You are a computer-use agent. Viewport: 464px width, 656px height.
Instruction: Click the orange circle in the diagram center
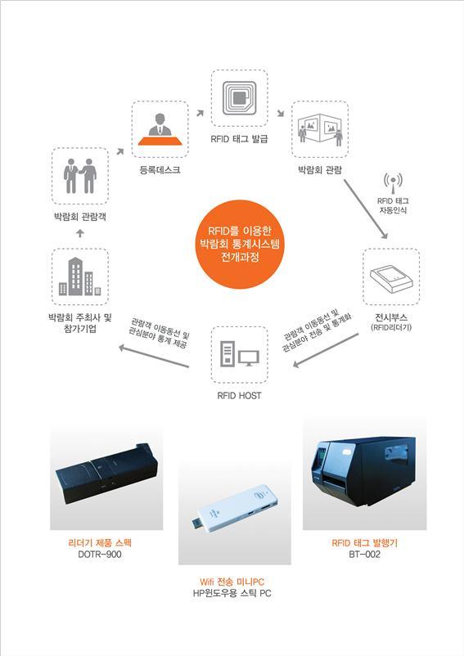pos(240,244)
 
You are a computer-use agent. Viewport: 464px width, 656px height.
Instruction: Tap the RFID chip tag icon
pos(239,98)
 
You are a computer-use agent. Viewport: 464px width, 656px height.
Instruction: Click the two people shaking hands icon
pos(80,176)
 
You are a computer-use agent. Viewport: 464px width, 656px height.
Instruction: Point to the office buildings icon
pos(79,276)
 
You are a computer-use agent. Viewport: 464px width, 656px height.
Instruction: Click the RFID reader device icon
pos(391,278)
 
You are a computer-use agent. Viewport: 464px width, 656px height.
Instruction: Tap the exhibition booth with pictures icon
pos(320,129)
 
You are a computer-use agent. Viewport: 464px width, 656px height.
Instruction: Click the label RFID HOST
pos(239,395)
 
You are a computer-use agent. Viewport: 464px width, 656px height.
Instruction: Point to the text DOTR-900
pos(100,555)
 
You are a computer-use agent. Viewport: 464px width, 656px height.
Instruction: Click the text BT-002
pos(364,555)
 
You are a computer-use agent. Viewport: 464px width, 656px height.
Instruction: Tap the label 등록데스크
pos(160,170)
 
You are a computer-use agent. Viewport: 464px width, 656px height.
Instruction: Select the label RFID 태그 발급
pos(239,139)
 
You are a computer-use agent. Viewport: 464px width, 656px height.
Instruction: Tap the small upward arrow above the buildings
pos(80,233)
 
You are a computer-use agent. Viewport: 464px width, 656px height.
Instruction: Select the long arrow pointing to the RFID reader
pos(366,209)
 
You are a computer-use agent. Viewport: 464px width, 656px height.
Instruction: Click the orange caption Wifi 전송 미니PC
pos(232,582)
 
